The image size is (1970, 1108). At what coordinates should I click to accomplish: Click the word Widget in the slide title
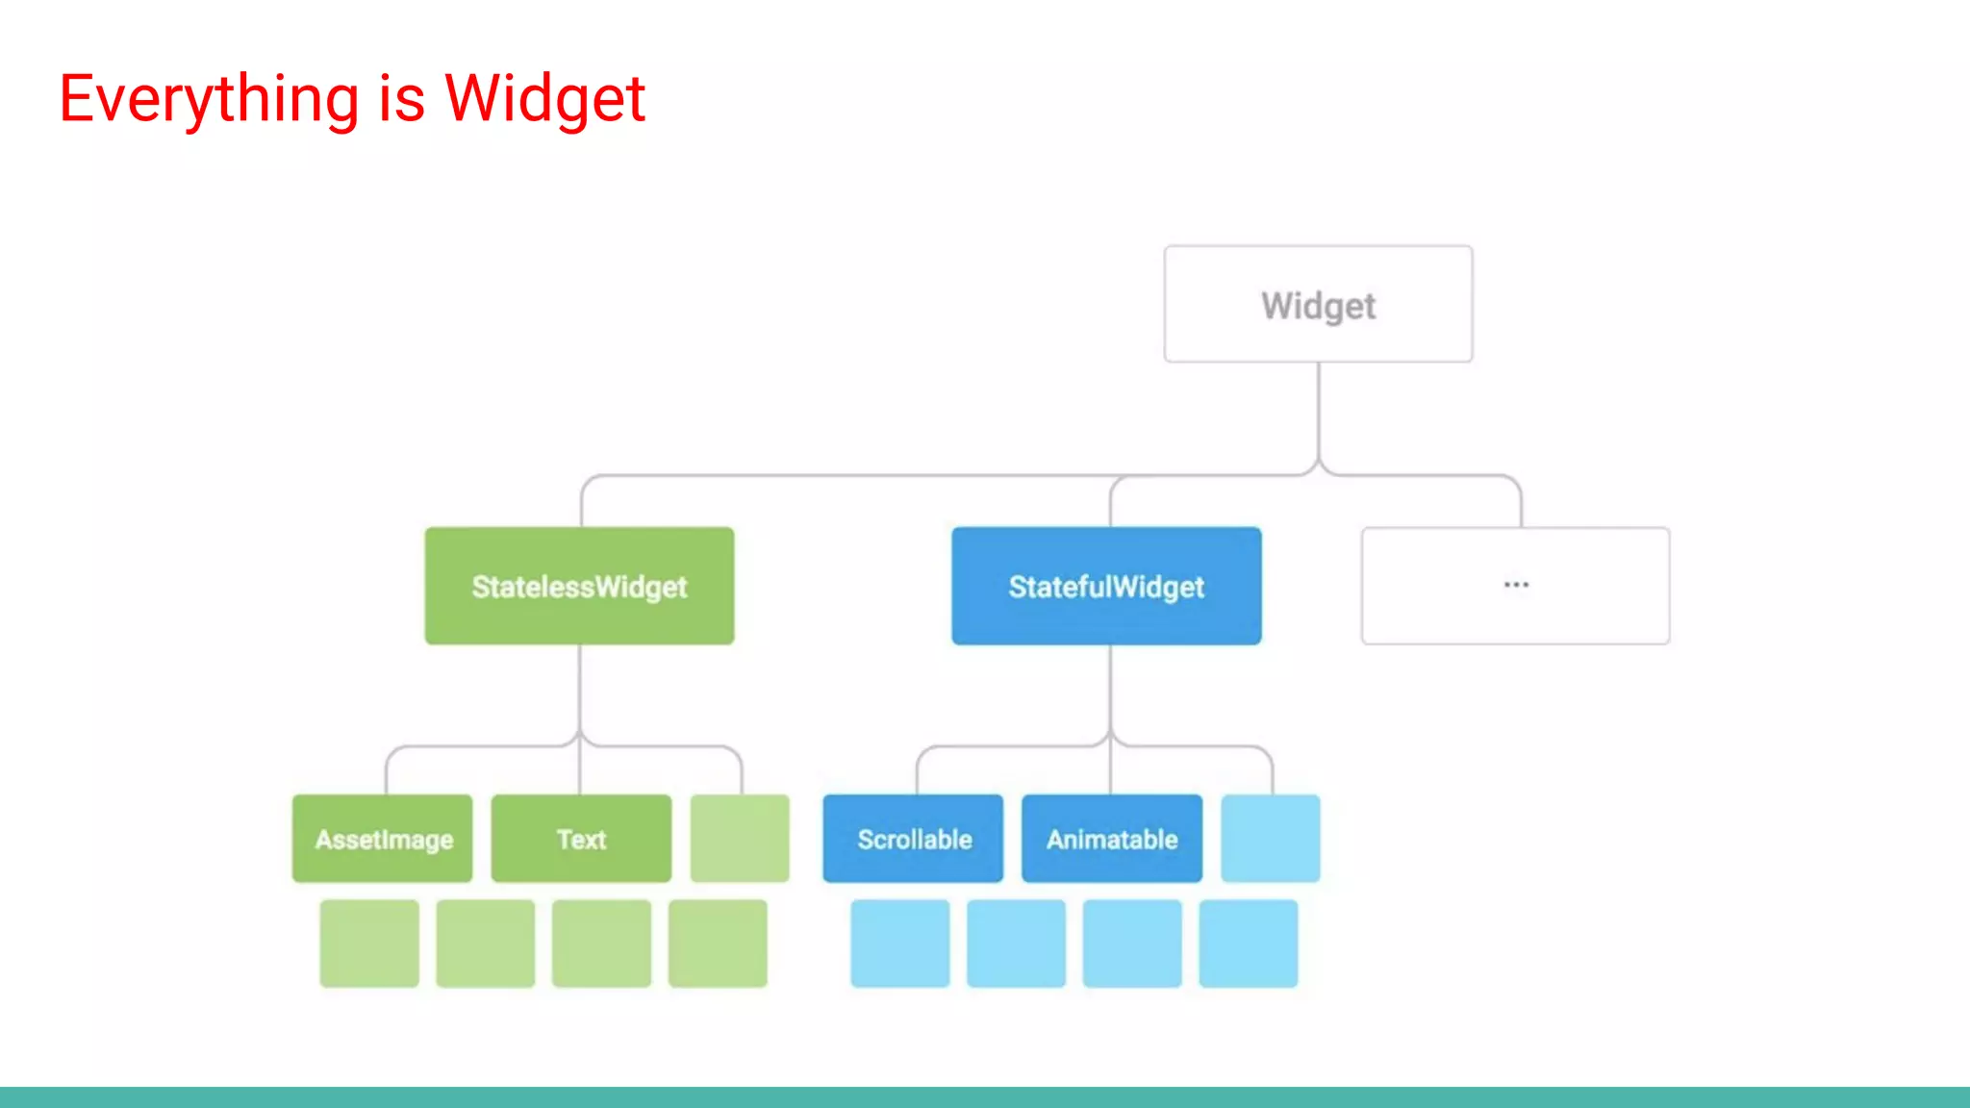coord(544,99)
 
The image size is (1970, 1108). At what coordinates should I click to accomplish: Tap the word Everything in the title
coord(209,99)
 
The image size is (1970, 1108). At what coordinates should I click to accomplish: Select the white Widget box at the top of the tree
coord(1318,304)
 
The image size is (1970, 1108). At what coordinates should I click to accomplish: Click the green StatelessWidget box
coord(579,586)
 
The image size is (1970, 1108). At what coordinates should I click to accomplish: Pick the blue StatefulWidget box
coord(1106,586)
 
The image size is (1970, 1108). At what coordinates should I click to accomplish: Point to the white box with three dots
coord(1515,586)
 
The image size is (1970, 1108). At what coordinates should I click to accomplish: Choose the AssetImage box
coord(383,839)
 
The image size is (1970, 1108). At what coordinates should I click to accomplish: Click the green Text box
coord(581,839)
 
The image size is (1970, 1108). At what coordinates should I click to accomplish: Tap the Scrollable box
coord(913,839)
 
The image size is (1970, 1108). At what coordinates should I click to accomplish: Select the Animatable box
coord(1112,839)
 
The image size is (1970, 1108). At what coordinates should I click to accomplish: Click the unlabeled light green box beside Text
coord(740,839)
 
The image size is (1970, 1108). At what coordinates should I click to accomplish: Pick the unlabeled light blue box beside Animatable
coord(1271,839)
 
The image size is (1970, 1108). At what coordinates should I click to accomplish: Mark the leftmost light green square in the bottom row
coord(369,944)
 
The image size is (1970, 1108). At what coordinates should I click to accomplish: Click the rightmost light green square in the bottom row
coord(718,944)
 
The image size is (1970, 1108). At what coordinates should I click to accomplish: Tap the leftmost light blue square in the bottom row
coord(900,944)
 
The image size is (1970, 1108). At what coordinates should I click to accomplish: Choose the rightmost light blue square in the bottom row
coord(1249,944)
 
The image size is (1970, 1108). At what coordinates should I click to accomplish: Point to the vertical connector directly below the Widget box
coord(1318,414)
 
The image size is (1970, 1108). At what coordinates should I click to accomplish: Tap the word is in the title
coord(401,99)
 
